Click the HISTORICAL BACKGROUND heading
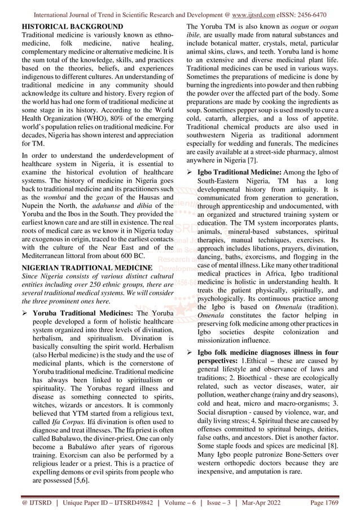point(72,27)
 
